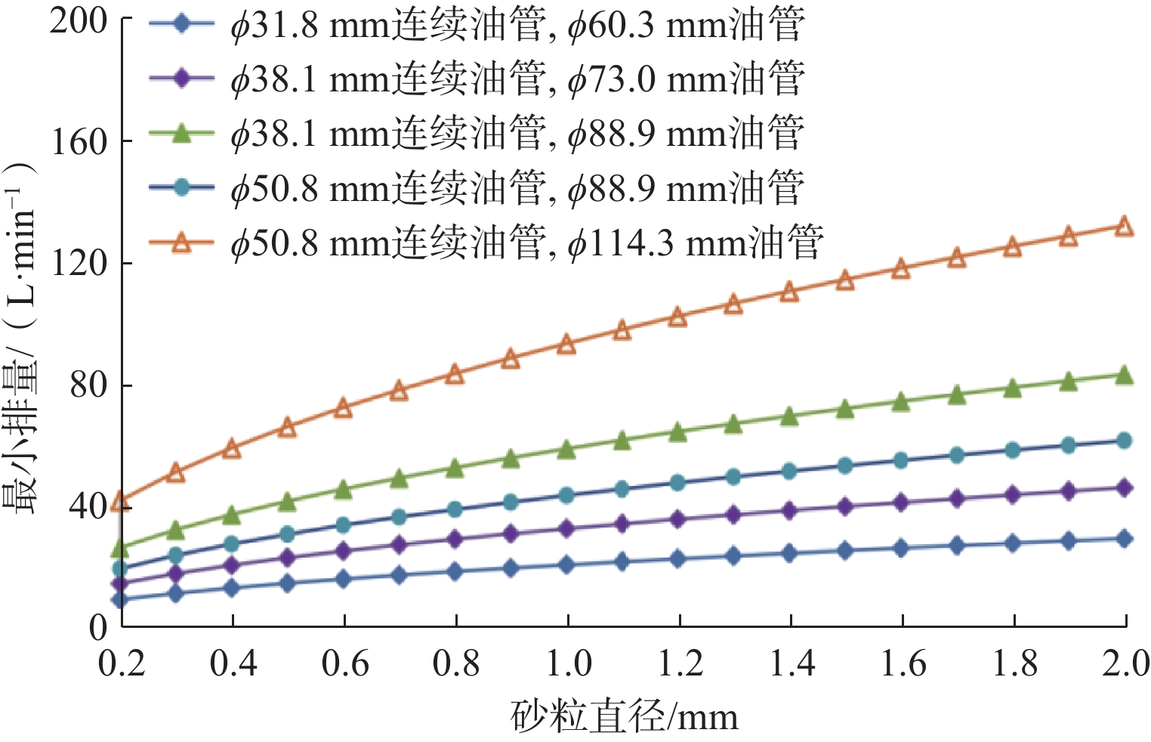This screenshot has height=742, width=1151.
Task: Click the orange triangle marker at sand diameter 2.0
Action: (1124, 227)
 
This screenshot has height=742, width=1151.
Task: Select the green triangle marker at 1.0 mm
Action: (566, 450)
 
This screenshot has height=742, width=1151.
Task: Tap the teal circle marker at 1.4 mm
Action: (789, 471)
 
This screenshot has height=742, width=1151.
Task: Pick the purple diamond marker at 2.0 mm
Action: (1124, 488)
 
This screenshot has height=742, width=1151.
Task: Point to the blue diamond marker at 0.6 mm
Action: (344, 580)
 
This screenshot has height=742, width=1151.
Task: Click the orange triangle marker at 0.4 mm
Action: (232, 449)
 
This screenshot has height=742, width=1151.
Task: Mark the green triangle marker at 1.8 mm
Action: (1012, 389)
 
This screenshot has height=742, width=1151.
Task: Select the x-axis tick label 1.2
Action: (680, 663)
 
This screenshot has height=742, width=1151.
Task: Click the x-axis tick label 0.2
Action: (122, 663)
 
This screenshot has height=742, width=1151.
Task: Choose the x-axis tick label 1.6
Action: (903, 663)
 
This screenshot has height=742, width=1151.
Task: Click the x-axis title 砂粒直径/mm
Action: (624, 716)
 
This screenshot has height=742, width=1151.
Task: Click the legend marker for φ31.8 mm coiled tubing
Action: (181, 24)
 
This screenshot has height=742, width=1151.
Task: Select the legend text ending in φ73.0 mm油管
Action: (517, 79)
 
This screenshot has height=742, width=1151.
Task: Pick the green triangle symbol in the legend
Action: (181, 134)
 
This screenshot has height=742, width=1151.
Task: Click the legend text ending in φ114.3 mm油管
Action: (526, 243)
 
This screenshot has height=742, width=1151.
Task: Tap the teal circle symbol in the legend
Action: (181, 187)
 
